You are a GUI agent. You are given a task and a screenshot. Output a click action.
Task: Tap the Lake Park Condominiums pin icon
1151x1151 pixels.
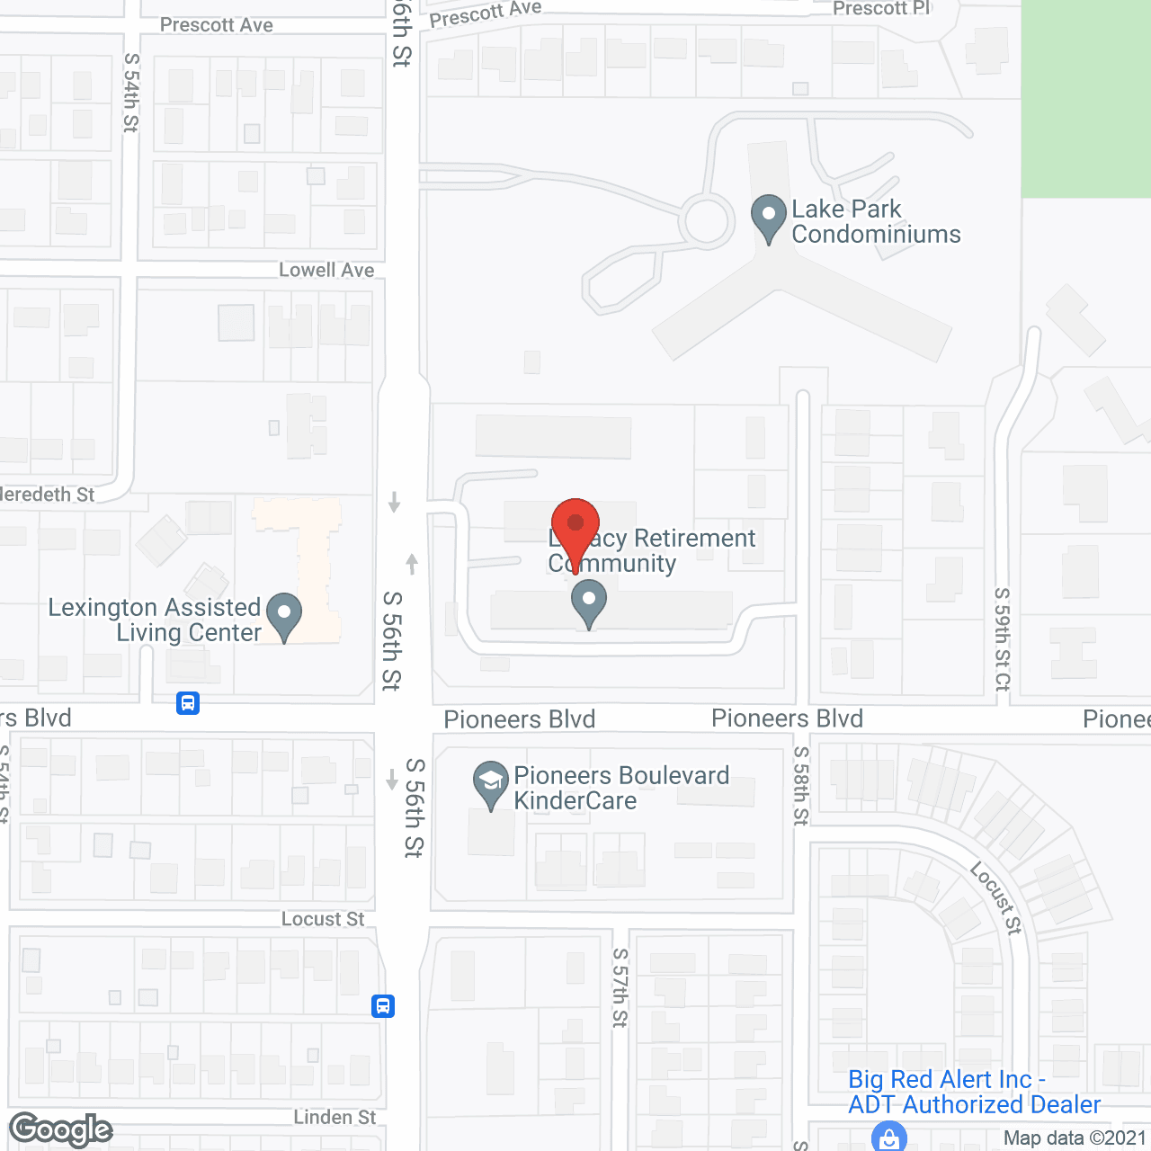click(768, 218)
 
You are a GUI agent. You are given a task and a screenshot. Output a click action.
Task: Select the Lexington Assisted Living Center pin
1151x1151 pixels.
click(284, 616)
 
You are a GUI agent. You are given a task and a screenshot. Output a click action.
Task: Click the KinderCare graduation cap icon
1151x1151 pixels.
click(491, 784)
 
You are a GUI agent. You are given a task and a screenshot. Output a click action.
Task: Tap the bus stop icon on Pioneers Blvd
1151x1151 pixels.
click(188, 702)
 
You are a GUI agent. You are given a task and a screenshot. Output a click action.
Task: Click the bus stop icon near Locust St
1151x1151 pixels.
click(383, 1005)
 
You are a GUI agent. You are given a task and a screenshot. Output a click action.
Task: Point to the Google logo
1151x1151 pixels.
click(61, 1129)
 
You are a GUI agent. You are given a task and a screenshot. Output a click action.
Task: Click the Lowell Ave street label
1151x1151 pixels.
click(326, 270)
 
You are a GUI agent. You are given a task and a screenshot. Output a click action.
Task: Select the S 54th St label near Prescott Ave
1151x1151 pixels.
click(131, 92)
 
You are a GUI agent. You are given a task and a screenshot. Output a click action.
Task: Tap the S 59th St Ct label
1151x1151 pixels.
click(1003, 638)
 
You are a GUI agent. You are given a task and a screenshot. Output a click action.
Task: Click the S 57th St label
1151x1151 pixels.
click(620, 987)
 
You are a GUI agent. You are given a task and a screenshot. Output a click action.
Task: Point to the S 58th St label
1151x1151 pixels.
click(801, 785)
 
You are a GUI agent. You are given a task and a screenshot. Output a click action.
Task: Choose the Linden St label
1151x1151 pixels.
click(335, 1117)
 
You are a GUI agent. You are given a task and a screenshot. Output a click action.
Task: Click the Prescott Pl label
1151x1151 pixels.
click(881, 9)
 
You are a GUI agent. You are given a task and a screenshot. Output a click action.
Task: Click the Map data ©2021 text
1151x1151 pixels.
click(1075, 1138)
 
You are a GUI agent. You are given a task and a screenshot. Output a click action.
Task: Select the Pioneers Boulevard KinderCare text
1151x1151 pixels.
click(620, 788)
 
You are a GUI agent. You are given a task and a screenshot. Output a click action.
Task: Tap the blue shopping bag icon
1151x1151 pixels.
click(888, 1138)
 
